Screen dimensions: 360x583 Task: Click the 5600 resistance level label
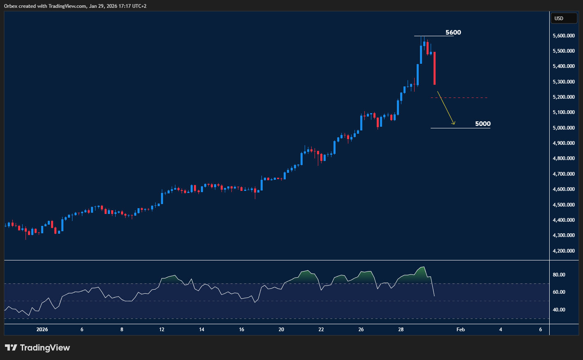coord(453,33)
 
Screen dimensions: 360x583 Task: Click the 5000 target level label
coord(483,124)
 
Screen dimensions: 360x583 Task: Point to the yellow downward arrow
coord(445,108)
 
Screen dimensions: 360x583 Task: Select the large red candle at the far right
coord(434,68)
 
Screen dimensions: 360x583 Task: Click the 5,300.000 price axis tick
coord(564,82)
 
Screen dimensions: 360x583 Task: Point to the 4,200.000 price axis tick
coord(564,251)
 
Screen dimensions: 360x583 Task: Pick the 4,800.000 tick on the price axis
coord(564,158)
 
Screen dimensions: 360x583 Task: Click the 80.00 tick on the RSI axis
coord(559,275)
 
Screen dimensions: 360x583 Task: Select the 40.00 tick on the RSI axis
coord(559,310)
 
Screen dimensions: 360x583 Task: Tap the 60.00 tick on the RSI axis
coord(559,292)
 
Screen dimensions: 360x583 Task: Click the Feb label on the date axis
coord(461,330)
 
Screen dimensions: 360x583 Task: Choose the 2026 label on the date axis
coord(42,330)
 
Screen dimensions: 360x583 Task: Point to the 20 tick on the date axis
coord(281,330)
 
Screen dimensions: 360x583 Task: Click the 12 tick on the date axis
coord(162,330)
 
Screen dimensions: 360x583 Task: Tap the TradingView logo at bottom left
coord(37,348)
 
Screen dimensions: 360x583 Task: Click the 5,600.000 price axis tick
coord(564,36)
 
